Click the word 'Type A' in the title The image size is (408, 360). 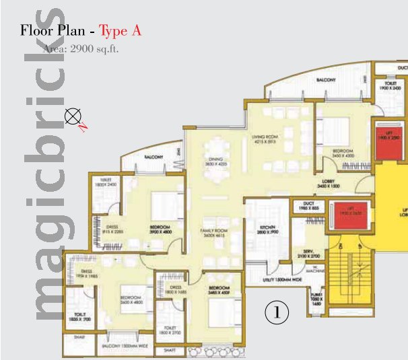119,31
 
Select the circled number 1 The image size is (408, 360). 277,312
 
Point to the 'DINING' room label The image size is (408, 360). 215,161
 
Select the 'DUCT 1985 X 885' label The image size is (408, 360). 309,206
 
